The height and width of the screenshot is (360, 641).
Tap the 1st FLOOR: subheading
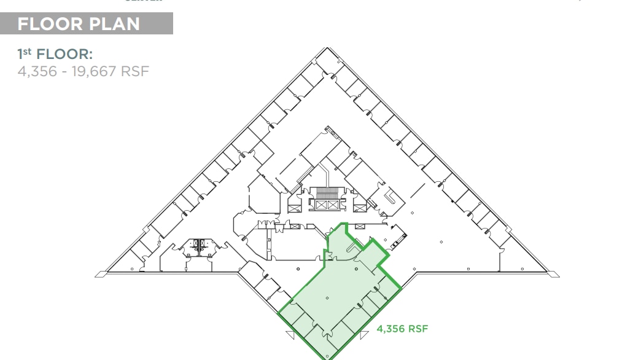click(55, 54)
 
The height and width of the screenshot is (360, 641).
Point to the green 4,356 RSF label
click(402, 329)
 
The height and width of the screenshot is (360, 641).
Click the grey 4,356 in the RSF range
click(35, 71)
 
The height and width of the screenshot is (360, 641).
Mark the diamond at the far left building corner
click(98, 274)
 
